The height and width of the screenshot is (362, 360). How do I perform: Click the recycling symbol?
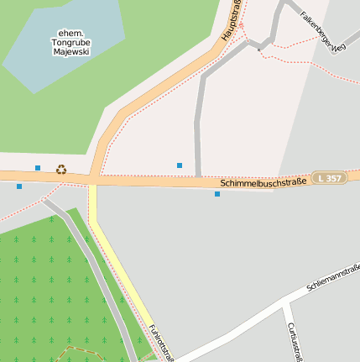(61, 169)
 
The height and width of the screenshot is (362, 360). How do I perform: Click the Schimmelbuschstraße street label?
(262, 181)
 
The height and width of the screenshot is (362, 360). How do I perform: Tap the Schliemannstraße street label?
(333, 278)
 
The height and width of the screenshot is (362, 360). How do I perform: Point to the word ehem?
(71, 31)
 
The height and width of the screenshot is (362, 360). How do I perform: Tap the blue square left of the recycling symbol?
(38, 168)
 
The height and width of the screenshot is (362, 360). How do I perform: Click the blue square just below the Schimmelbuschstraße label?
(217, 194)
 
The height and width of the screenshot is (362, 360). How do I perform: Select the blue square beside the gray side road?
(179, 165)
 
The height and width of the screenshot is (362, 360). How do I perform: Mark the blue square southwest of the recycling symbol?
(19, 186)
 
